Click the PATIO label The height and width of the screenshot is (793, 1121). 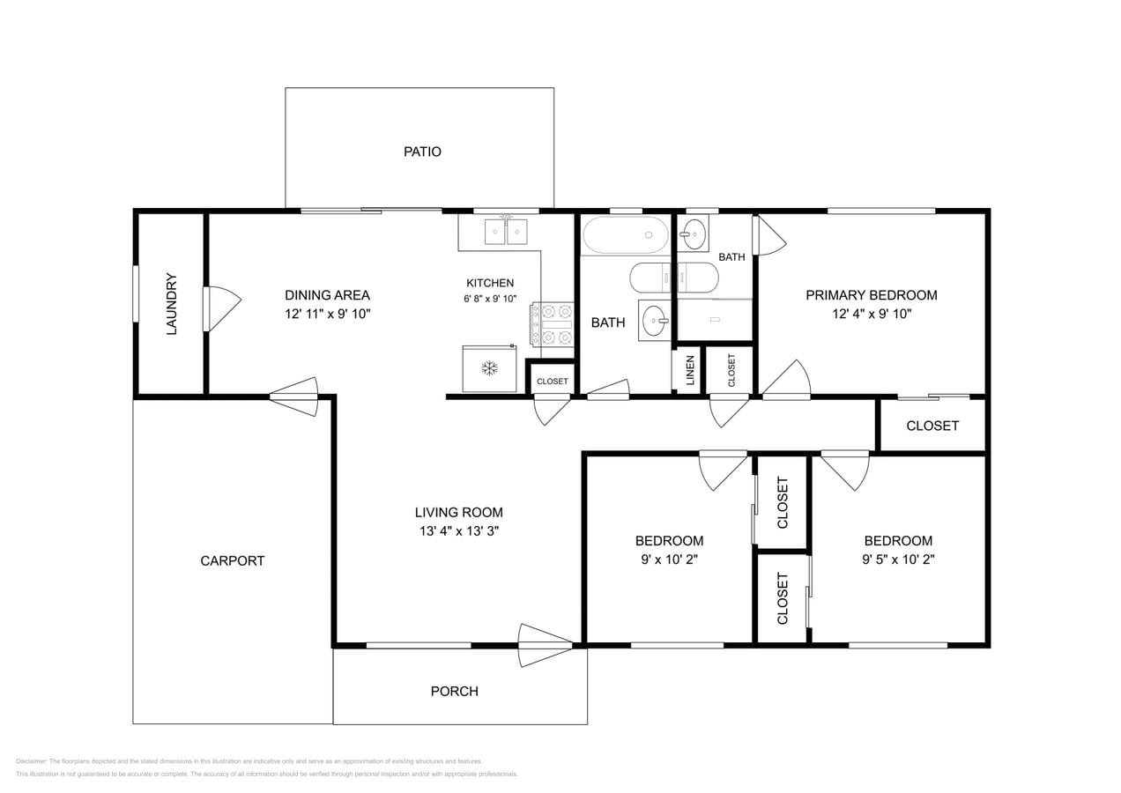[x=422, y=152]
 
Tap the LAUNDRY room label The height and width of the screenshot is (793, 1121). [x=172, y=304]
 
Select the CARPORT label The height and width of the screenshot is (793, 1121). [x=232, y=560]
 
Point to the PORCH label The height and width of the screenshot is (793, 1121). [x=454, y=692]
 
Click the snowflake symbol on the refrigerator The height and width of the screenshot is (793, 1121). [x=489, y=367]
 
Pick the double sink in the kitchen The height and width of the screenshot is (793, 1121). [x=506, y=231]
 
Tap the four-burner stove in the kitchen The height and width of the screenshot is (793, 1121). [x=553, y=323]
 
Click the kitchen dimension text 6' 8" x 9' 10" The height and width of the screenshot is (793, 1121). [x=490, y=299]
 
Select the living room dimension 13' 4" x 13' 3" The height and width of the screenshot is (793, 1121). [x=458, y=530]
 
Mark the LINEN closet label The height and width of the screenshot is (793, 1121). [x=688, y=370]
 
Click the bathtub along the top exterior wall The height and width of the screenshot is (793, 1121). [x=625, y=235]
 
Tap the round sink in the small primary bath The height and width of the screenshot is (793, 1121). [x=694, y=234]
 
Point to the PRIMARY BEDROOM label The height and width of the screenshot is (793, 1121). [x=871, y=295]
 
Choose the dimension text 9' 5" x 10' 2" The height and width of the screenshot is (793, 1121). [x=897, y=559]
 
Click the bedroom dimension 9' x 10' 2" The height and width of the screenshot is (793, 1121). [x=669, y=559]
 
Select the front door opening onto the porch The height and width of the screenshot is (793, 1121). [x=545, y=646]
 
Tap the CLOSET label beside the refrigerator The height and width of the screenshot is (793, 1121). [x=553, y=382]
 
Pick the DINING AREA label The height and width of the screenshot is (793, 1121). [x=327, y=295]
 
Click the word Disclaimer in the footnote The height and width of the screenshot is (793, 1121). [x=31, y=761]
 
